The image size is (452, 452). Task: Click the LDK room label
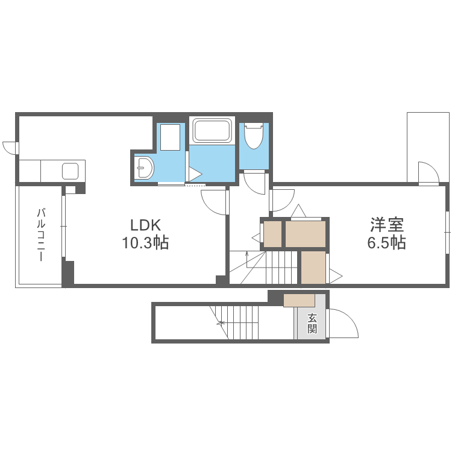145,225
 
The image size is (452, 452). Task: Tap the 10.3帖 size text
145,243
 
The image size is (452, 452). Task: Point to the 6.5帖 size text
386,243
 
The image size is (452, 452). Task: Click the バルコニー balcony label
41,234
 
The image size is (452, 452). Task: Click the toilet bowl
254,136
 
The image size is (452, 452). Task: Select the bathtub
212,131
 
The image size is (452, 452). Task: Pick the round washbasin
145,168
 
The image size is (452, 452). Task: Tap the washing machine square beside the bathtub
171,137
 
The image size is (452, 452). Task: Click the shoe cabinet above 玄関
299,300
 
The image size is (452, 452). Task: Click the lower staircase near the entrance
238,322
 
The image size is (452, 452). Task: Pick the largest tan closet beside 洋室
306,234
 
